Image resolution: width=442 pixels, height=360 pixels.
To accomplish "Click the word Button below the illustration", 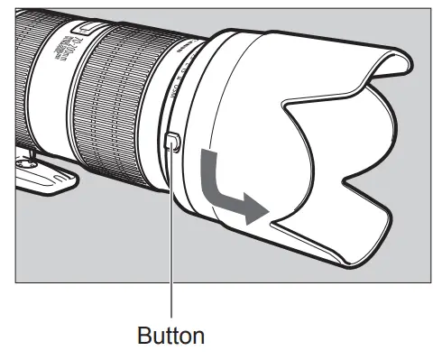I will tap(170, 337).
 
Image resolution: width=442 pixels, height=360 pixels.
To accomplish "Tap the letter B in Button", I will tap(143, 337).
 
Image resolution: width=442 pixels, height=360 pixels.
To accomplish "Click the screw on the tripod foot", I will tap(29, 163).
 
